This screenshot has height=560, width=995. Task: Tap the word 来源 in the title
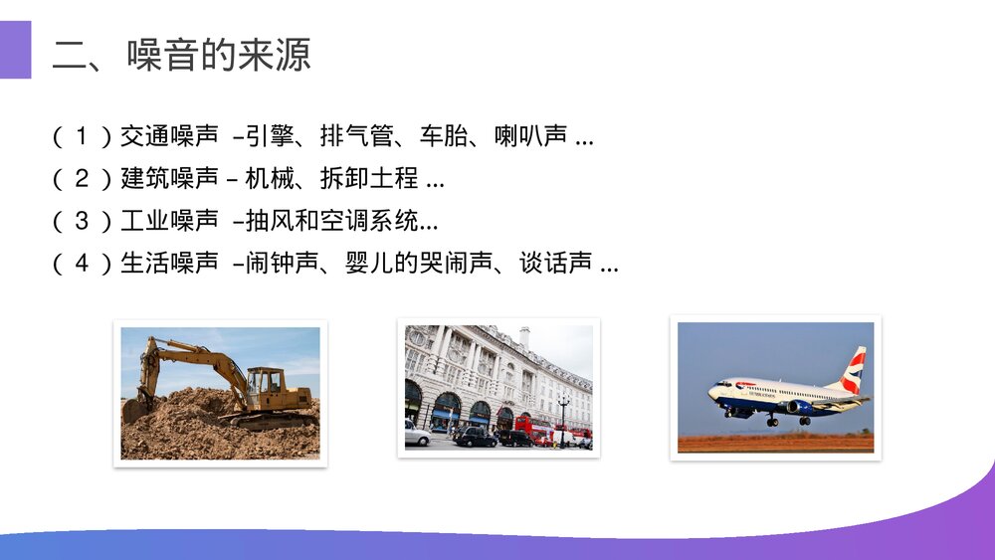click(275, 54)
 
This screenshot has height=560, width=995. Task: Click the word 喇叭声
click(530, 136)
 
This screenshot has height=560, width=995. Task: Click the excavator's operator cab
click(264, 384)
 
